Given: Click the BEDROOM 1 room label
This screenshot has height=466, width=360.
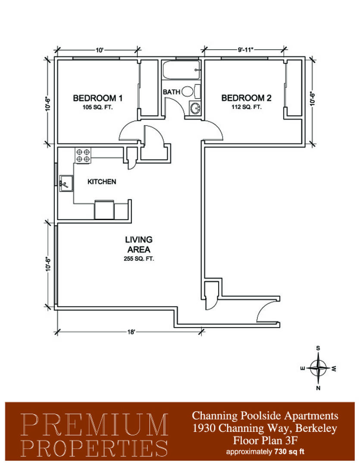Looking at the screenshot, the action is [97, 98].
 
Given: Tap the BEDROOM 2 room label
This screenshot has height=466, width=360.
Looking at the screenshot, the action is [246, 98].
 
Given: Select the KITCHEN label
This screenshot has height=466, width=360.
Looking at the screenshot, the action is [102, 182].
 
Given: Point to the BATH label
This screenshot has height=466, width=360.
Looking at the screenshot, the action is [172, 92].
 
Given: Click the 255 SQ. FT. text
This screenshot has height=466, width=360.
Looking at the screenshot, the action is [139, 258].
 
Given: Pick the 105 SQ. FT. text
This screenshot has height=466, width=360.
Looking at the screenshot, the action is [97, 107].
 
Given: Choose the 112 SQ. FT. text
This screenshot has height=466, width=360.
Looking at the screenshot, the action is [247, 107].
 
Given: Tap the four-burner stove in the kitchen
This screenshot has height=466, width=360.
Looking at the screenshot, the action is [83, 155].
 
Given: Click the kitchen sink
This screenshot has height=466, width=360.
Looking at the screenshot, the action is [66, 183].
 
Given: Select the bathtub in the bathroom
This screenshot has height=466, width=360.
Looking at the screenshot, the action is [181, 70].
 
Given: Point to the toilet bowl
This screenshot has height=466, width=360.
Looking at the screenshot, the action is [187, 91].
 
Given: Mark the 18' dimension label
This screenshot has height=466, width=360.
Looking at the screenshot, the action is [131, 332].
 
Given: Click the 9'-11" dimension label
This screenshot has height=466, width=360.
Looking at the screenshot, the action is [245, 50].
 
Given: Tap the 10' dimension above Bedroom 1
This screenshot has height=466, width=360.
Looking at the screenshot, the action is [99, 50].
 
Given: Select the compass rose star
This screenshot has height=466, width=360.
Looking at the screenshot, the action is [318, 368].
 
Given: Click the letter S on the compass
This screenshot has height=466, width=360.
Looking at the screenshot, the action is [318, 348].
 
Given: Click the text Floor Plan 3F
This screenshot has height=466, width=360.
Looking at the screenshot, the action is [265, 440].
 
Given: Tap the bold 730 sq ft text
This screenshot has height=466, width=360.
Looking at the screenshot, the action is [288, 452].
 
